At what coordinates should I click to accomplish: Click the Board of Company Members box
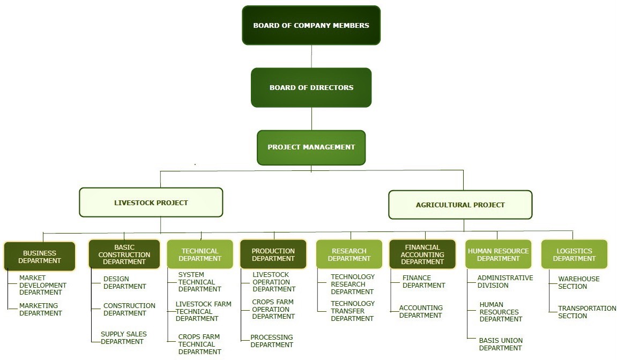click(311, 25)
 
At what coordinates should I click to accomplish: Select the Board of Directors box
click(311, 87)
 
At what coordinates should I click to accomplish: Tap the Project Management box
click(311, 147)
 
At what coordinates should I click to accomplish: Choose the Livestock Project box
click(151, 202)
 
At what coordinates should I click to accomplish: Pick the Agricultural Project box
click(460, 205)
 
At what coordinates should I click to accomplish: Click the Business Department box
click(39, 257)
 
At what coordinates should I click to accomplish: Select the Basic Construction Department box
click(124, 254)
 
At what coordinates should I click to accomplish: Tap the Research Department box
click(349, 254)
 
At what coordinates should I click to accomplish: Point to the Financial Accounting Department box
click(422, 254)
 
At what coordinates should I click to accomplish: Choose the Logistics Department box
click(574, 254)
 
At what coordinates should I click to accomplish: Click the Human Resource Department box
click(498, 254)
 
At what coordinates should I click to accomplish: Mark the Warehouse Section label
click(578, 282)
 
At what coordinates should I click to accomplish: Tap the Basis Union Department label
click(501, 344)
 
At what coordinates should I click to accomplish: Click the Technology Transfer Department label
click(352, 311)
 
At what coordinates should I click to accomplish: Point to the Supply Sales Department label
click(123, 337)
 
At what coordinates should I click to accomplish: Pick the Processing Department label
click(272, 341)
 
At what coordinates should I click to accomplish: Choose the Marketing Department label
click(40, 309)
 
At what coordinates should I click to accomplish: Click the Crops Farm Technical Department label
click(199, 344)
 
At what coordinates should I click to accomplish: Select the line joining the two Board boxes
click(311, 56)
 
